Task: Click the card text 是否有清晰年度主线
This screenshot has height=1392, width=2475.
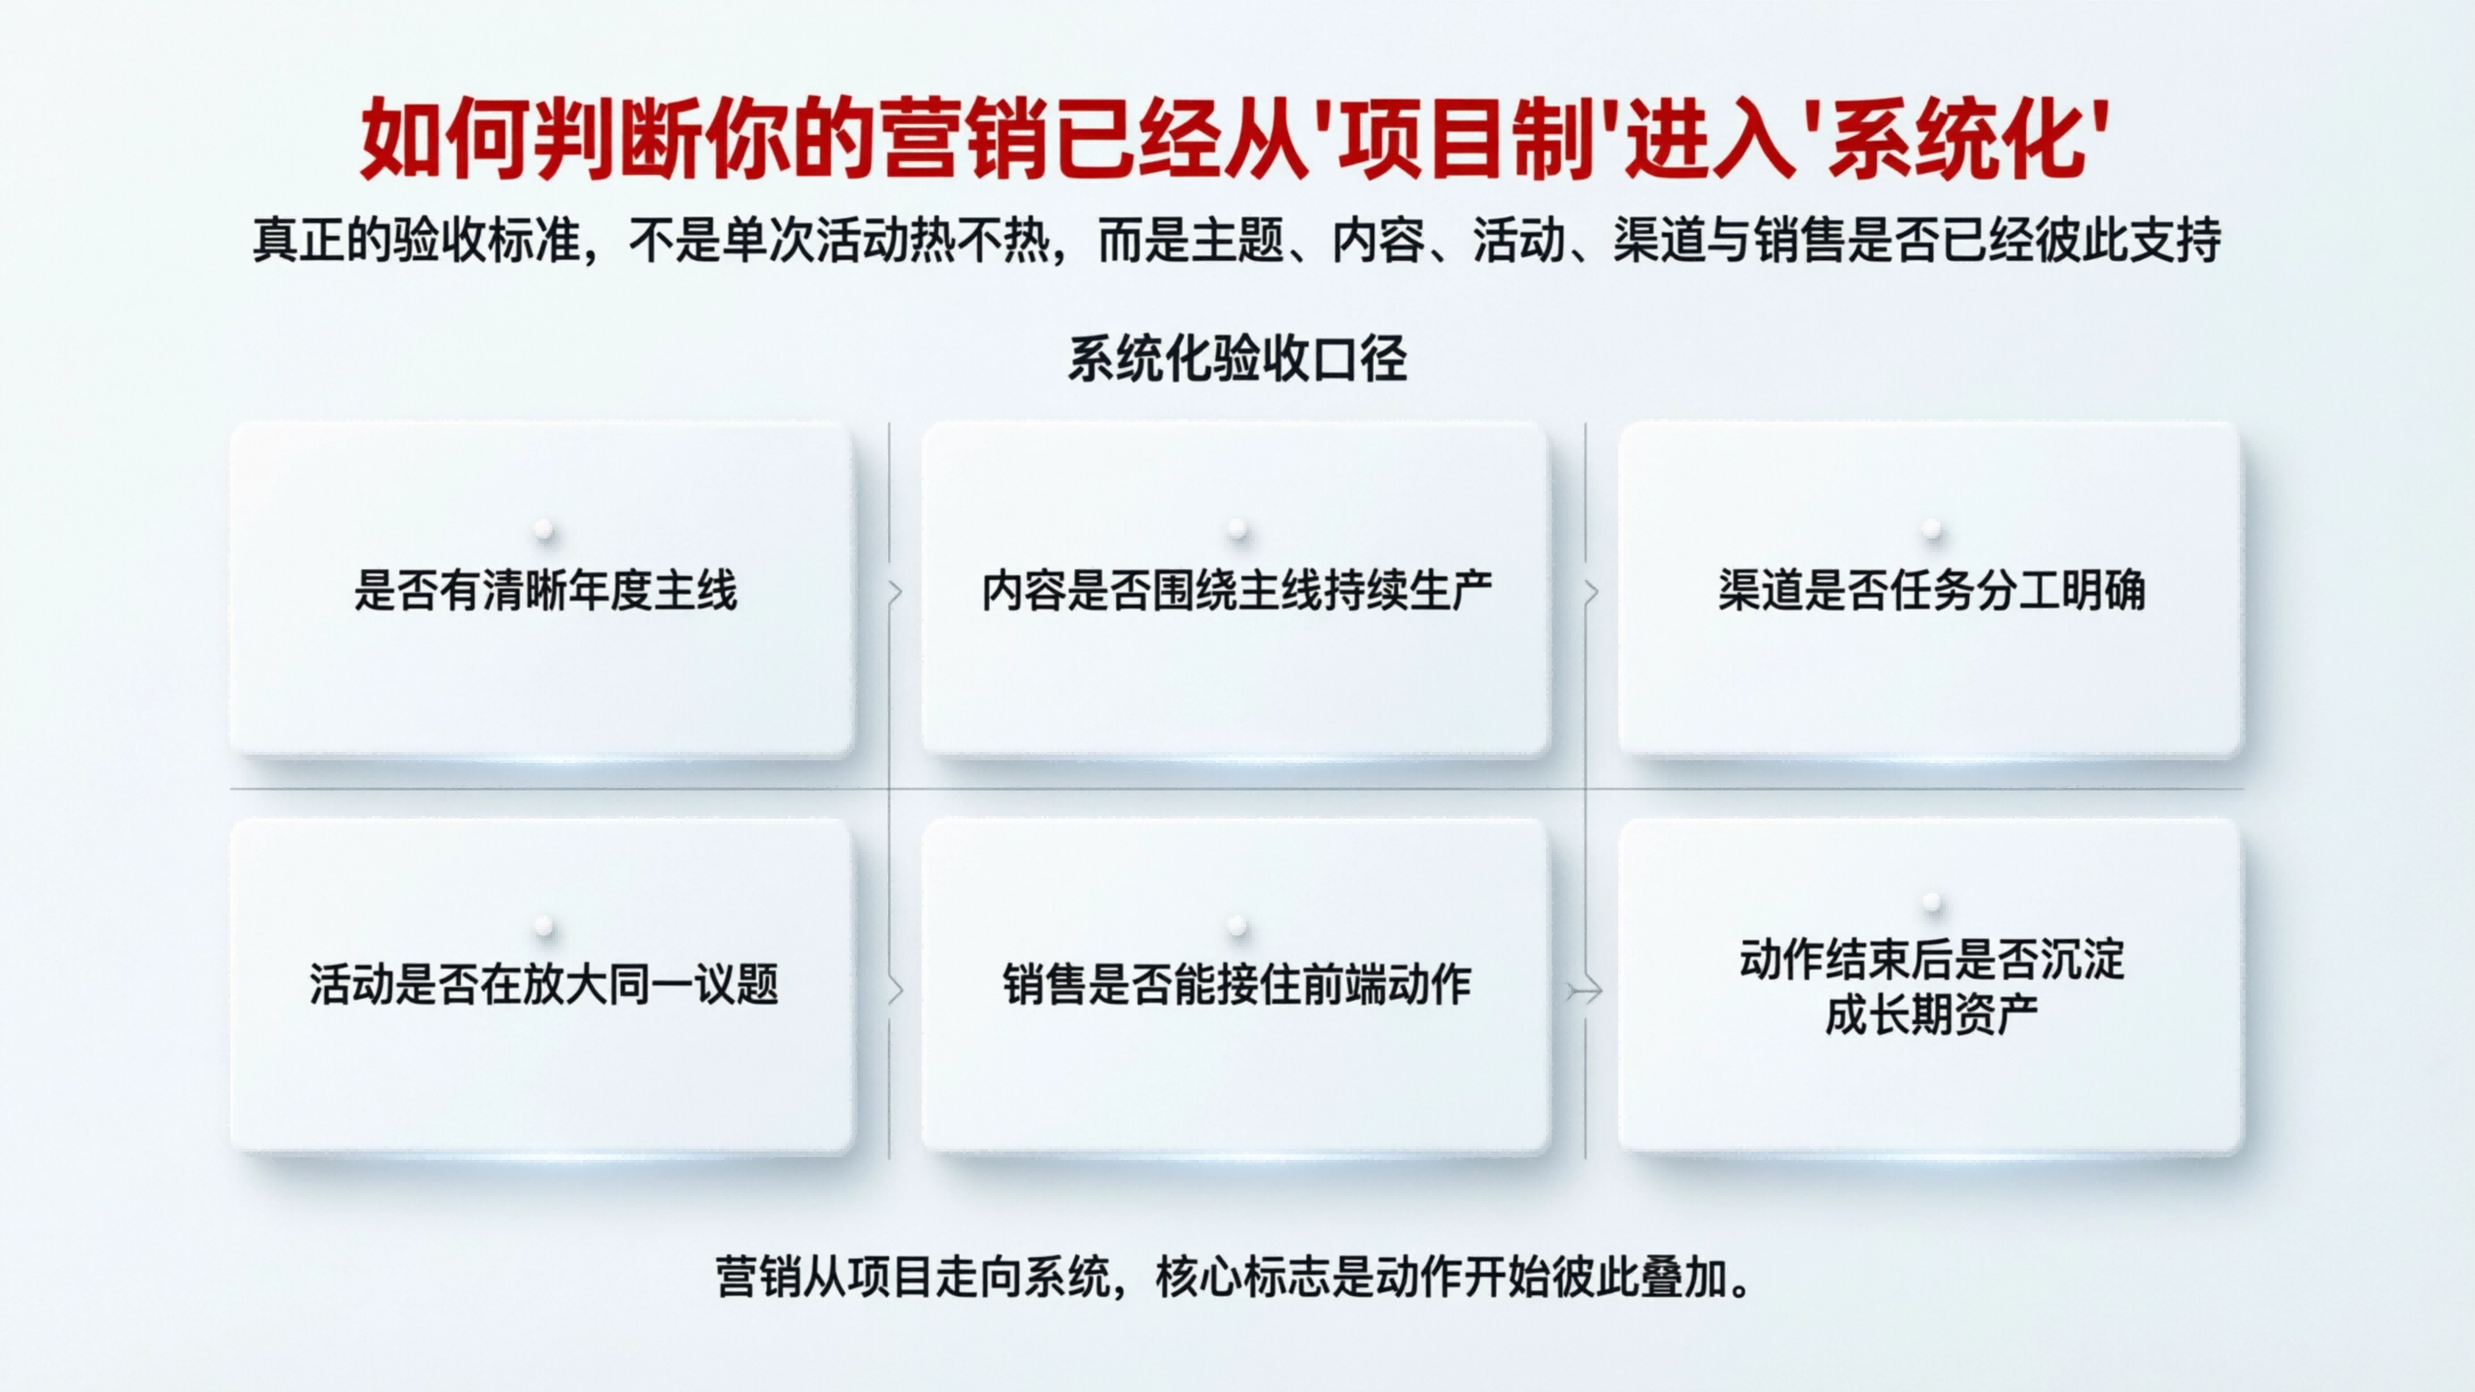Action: (x=545, y=591)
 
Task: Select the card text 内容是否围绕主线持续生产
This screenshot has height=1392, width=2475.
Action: (x=1236, y=591)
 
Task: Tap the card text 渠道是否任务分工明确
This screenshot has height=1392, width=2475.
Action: (x=1931, y=591)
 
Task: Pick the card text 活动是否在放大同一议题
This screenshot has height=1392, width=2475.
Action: (x=544, y=986)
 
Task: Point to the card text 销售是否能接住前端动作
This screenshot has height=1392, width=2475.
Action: (x=1236, y=986)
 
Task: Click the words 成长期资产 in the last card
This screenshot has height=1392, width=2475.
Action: (x=1931, y=1016)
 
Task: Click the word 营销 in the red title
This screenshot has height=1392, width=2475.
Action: (x=961, y=141)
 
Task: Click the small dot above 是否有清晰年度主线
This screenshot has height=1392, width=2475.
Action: (x=545, y=528)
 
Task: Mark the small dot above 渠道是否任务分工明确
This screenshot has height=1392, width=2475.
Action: (x=1932, y=528)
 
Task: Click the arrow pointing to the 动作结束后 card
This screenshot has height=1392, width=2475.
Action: (x=1584, y=991)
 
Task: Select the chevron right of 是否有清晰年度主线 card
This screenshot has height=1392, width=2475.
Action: (x=896, y=593)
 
